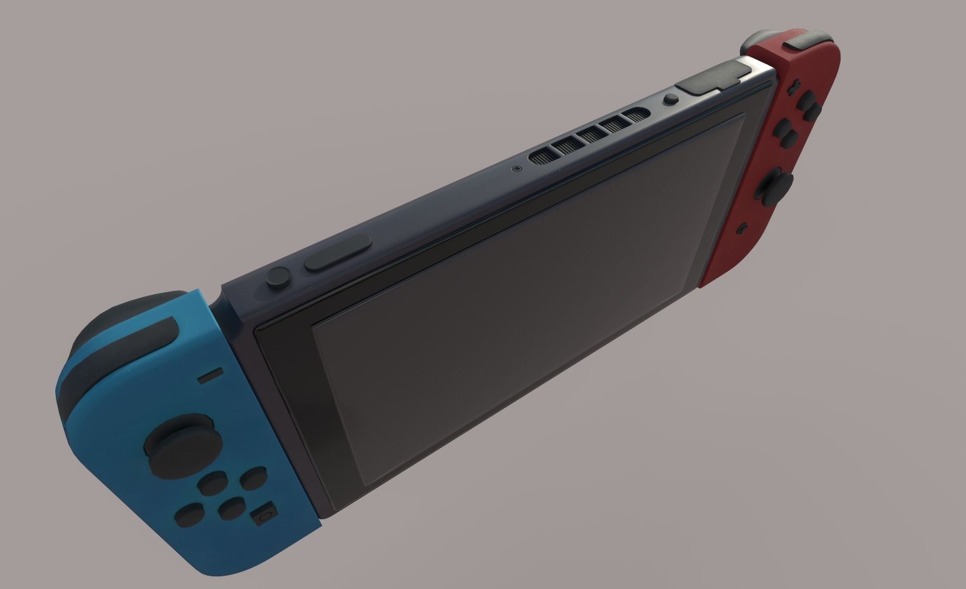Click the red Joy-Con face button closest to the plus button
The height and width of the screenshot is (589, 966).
point(807,102)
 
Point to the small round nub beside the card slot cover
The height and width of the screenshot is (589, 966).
point(670,99)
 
